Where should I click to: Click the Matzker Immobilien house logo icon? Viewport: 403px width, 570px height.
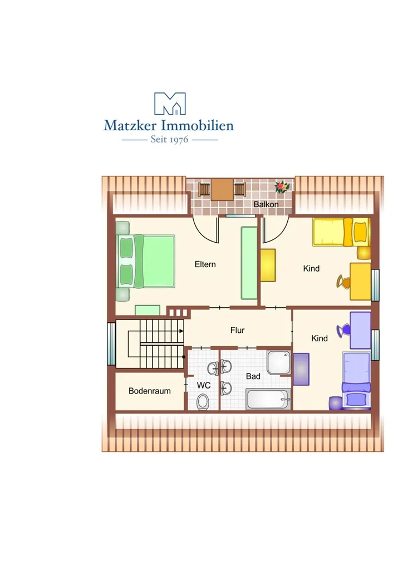pos(170,104)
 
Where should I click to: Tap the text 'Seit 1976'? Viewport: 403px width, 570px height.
pos(169,139)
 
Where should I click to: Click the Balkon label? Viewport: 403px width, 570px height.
pos(266,204)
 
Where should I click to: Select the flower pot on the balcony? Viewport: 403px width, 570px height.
pos(282,186)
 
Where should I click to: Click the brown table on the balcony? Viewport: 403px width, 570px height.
pos(222,189)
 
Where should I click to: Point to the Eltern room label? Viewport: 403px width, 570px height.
pos(205,264)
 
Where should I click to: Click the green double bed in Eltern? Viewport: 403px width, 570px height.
pos(145,261)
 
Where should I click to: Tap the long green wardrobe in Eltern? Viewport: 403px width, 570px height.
pos(249,263)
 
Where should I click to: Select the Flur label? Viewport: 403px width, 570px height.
pos(237,330)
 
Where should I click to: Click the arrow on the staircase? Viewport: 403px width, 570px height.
pos(180,331)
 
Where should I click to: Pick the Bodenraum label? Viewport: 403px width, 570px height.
pos(149,391)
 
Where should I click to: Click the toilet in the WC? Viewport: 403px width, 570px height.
pos(203,402)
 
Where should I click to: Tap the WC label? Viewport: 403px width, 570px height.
pos(204,385)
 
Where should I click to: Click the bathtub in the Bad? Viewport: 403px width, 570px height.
pos(268,399)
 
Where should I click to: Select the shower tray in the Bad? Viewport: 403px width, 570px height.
pos(279,362)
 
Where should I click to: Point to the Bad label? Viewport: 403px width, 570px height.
pos(253,376)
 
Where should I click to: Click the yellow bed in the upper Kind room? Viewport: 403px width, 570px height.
pos(341,232)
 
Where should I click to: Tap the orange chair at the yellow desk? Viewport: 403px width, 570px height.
pos(343,282)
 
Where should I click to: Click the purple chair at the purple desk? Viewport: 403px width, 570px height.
pos(343,331)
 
